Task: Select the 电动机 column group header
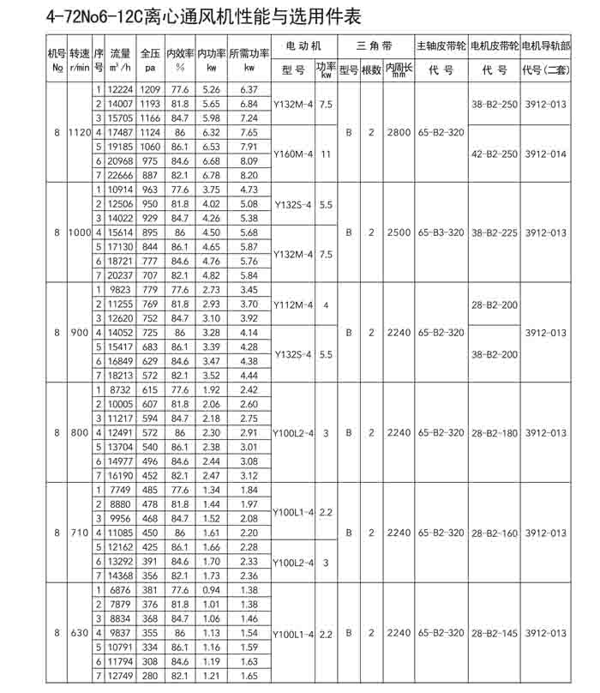302,44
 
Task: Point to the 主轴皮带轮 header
441,44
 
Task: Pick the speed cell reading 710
79,533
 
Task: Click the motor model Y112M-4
292,304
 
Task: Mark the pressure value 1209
150,90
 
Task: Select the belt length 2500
399,232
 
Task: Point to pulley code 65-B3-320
441,232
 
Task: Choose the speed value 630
79,634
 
